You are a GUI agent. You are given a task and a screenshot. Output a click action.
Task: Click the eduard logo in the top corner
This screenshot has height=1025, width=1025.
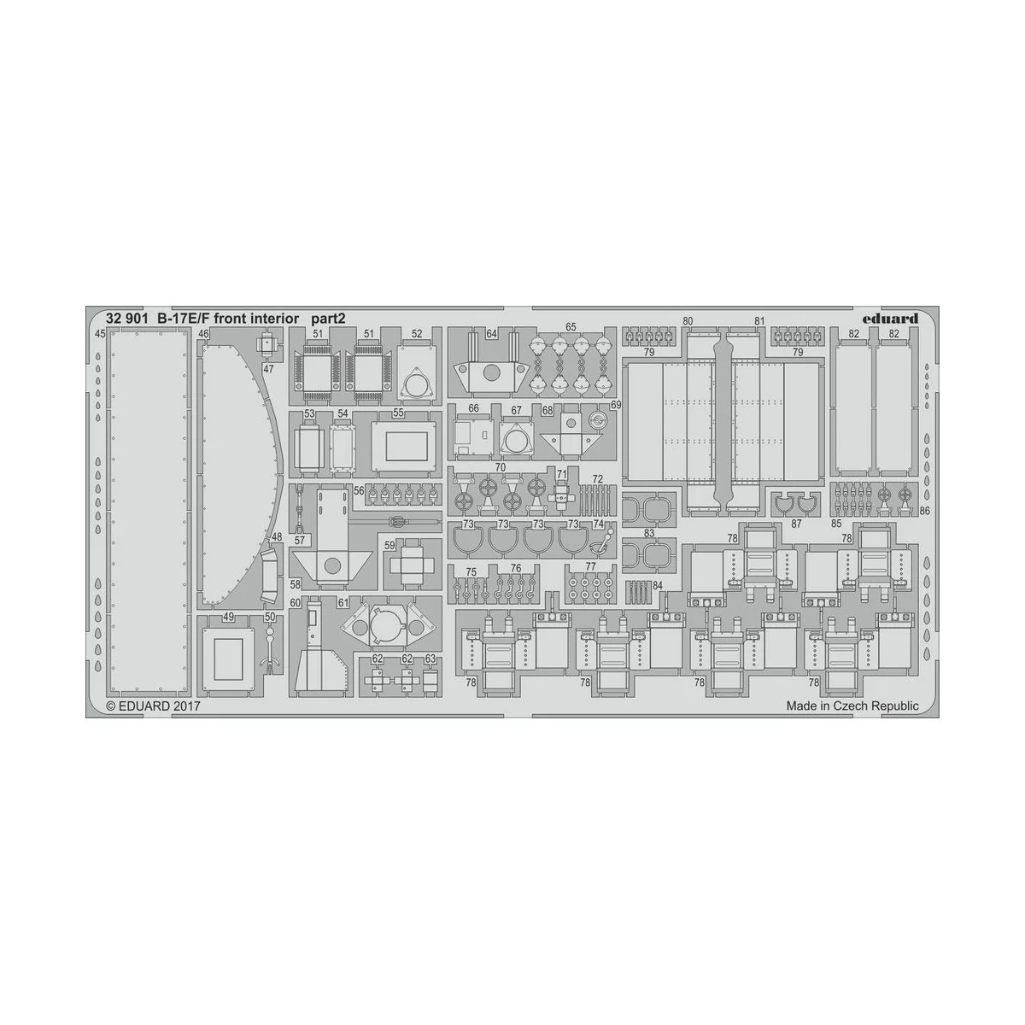pyautogui.click(x=890, y=319)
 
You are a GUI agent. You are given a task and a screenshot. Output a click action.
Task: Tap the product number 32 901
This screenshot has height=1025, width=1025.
pyautogui.click(x=122, y=319)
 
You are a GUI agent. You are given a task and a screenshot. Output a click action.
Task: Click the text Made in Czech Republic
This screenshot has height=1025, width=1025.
pyautogui.click(x=852, y=706)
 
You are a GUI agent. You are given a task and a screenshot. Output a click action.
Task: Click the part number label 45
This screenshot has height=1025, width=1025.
pyautogui.click(x=100, y=334)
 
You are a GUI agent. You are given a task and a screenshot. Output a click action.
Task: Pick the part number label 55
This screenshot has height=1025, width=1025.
pyautogui.click(x=398, y=413)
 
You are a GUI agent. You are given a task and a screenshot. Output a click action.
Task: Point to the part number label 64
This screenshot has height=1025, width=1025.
pyautogui.click(x=491, y=334)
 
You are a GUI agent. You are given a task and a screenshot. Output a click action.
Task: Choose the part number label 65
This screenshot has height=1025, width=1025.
pyautogui.click(x=570, y=327)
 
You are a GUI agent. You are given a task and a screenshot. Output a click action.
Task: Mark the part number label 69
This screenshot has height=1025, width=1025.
pyautogui.click(x=615, y=404)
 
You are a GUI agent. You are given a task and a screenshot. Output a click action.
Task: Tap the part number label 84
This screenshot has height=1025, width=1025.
pyautogui.click(x=657, y=585)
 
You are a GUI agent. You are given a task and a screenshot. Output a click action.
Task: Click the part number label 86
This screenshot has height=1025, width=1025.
pyautogui.click(x=924, y=510)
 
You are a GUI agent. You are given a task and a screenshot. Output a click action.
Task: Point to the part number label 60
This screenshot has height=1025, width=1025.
pyautogui.click(x=295, y=603)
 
